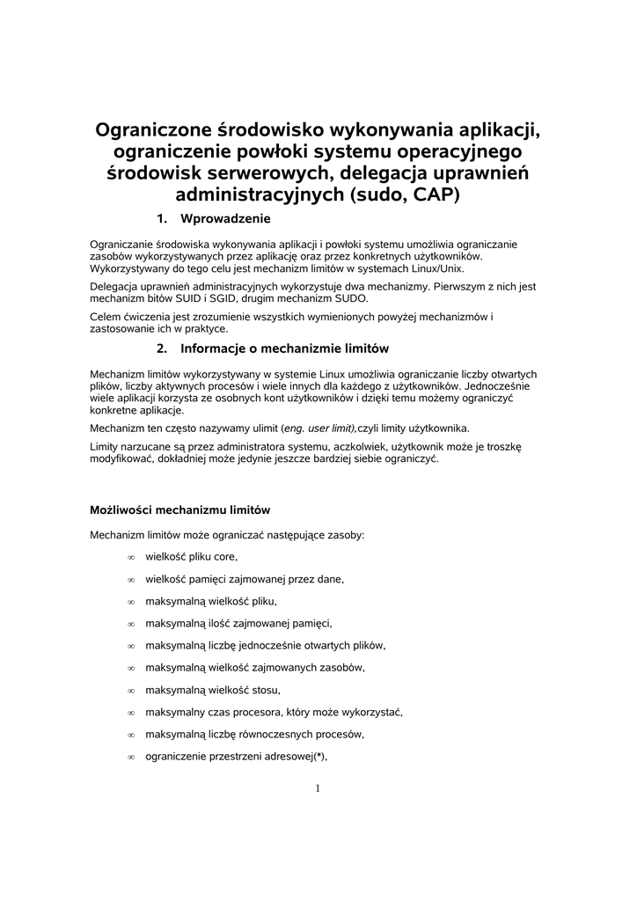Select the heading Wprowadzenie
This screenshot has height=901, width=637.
click(x=224, y=218)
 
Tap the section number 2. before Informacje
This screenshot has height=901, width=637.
click(x=162, y=348)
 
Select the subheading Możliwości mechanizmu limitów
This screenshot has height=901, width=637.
click(x=179, y=509)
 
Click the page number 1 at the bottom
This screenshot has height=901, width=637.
click(x=318, y=788)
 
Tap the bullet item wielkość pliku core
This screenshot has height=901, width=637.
click(x=191, y=557)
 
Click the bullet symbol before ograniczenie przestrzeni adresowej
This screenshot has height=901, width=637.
click(x=129, y=757)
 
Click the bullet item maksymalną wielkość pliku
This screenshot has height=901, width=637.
click(x=211, y=602)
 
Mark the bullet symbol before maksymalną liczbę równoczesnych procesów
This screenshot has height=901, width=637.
click(x=129, y=735)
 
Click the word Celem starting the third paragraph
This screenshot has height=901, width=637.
click(x=106, y=316)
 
